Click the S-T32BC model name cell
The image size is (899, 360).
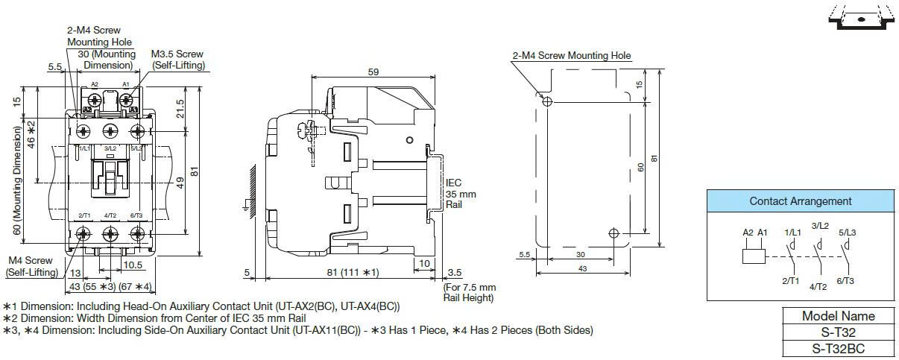click(838, 348)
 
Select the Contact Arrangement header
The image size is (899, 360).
click(801, 201)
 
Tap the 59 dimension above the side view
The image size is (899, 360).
click(373, 72)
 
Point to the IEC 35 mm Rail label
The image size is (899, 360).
click(461, 194)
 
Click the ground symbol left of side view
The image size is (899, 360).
click(246, 206)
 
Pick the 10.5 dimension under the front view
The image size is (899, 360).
click(133, 265)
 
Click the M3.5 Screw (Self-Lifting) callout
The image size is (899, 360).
click(178, 60)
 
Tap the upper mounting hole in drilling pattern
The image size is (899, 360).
click(547, 101)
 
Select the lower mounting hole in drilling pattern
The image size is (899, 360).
click(613, 233)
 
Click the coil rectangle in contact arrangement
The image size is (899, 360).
click(754, 256)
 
